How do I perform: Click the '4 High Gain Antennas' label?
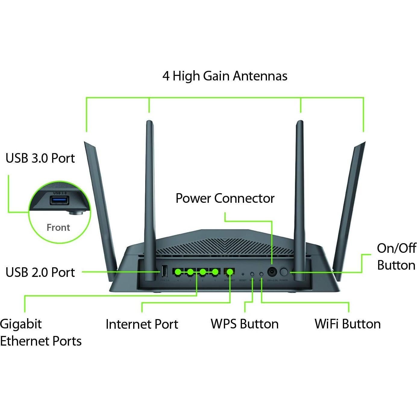pos(225,76)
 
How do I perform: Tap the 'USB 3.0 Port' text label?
pos(40,158)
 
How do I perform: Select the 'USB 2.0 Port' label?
pos(40,272)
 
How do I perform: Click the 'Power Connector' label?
pos(225,198)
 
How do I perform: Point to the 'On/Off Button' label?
pos(396,257)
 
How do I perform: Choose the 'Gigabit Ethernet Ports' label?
pos(41,332)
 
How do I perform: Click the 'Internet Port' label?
pos(142,324)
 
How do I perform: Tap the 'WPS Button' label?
pos(244,324)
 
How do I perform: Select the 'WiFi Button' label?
pos(347,324)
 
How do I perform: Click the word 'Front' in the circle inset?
pos(58,227)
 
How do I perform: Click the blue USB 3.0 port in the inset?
pos(59,200)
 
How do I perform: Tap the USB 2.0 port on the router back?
pos(164,271)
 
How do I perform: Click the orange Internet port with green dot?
pos(230,272)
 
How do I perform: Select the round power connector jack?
pos(272,272)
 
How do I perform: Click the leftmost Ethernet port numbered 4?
pos(178,272)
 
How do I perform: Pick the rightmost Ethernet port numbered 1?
pos(215,272)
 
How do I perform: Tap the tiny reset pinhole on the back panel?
pos(243,274)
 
